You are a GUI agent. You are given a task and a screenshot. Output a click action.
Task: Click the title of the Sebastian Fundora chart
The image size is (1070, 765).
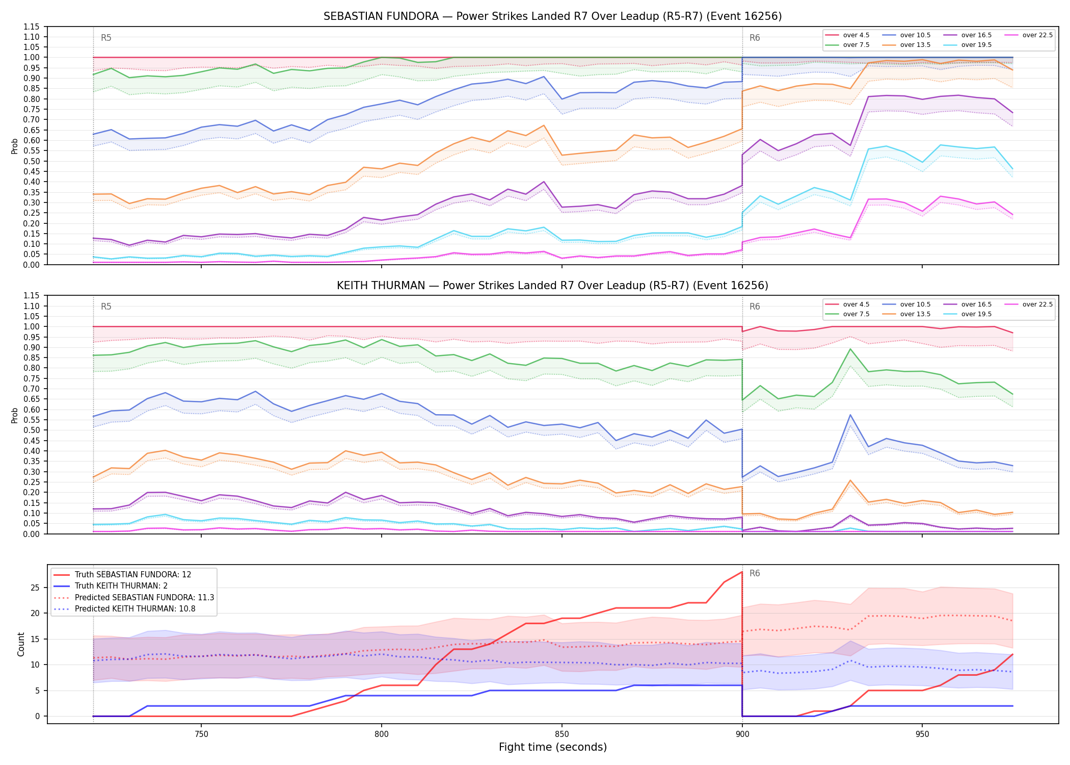pyautogui.click(x=552, y=16)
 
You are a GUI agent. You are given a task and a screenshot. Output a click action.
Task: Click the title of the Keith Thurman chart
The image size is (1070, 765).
pyautogui.click(x=552, y=286)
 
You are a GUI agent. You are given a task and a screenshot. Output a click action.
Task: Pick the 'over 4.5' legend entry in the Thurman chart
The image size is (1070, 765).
pyautogui.click(x=847, y=304)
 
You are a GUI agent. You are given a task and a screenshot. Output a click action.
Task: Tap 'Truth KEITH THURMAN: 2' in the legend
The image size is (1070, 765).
pyautogui.click(x=120, y=586)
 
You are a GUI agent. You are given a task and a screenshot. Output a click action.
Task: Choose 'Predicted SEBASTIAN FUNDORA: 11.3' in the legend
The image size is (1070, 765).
pyautogui.click(x=133, y=597)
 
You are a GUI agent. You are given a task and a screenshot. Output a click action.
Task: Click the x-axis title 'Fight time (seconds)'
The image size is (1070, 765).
pyautogui.click(x=553, y=747)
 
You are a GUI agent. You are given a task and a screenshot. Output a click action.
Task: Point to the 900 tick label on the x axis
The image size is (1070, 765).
pyautogui.click(x=742, y=734)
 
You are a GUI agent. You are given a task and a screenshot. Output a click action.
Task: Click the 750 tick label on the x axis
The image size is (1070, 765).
pyautogui.click(x=201, y=734)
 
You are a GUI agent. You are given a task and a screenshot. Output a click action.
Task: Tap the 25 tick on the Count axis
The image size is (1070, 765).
pyautogui.click(x=35, y=588)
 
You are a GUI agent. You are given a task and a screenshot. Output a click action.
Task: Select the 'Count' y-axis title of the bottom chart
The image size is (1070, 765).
pyautogui.click(x=21, y=644)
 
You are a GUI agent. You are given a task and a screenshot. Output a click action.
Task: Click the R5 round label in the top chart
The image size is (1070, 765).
pyautogui.click(x=106, y=38)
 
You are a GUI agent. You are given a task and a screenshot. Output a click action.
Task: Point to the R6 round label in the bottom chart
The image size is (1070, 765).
pyautogui.click(x=755, y=573)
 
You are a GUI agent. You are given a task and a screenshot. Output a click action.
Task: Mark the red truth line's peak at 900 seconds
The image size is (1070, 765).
pyautogui.click(x=742, y=572)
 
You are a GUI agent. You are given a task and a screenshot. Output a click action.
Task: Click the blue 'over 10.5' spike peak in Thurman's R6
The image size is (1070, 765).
pyautogui.click(x=850, y=415)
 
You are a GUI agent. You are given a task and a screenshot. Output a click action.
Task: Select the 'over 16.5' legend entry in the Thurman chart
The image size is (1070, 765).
pyautogui.click(x=968, y=304)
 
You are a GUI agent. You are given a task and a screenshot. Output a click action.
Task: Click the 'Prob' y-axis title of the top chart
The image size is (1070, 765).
pyautogui.click(x=15, y=146)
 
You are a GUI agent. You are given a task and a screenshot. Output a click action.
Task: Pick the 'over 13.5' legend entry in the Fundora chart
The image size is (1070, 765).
pyautogui.click(x=906, y=45)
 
